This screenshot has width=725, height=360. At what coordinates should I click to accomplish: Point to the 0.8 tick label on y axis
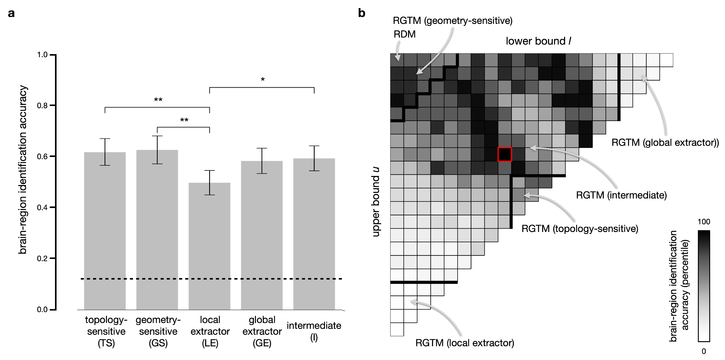tap(42, 106)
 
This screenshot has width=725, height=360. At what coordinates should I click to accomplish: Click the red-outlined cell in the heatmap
tap(505, 154)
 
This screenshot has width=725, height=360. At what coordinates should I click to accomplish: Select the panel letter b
tap(362, 13)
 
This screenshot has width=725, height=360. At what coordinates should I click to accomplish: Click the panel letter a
tap(11, 13)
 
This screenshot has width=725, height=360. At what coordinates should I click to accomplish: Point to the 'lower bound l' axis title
tap(538, 41)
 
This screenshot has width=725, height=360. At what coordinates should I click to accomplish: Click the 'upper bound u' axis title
tap(376, 202)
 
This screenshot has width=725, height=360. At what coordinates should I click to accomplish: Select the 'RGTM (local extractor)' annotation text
tap(465, 343)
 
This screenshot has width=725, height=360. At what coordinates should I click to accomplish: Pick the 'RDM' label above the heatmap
tap(404, 34)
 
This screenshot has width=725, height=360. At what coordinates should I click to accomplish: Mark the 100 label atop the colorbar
tap(704, 222)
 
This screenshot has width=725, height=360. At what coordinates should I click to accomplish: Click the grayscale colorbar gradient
tap(704, 286)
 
